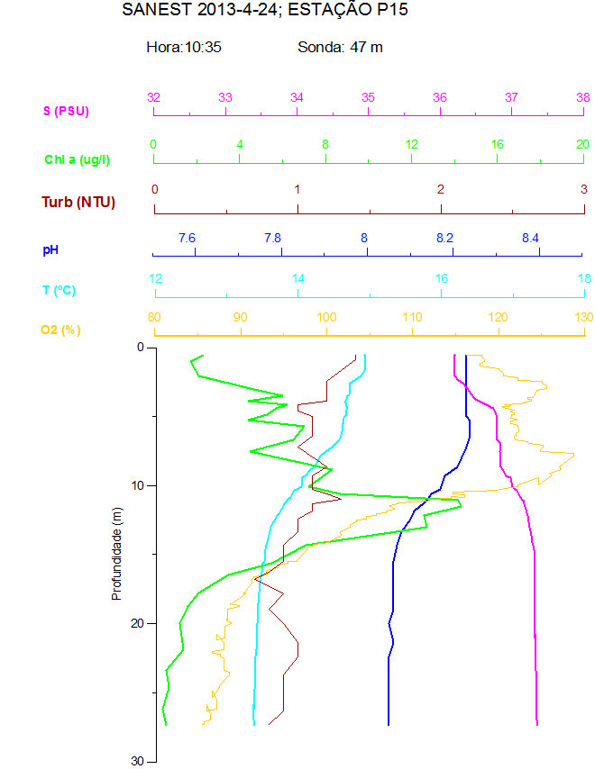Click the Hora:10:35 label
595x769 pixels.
point(184,47)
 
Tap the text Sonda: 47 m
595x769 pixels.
point(340,47)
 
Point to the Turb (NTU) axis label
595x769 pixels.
point(78,202)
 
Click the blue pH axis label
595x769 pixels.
point(50,249)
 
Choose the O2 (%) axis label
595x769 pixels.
point(60,330)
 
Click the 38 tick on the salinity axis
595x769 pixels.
point(583,97)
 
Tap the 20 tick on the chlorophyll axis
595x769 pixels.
point(582,144)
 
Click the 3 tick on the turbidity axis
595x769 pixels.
point(583,189)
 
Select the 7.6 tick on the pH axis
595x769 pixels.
point(187,238)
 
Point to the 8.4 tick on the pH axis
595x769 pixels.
point(530,238)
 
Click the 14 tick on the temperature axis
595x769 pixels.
point(298,278)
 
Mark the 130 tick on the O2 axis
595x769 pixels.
point(583,317)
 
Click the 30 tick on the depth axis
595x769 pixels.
point(138,761)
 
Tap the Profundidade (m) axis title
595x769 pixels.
point(116,554)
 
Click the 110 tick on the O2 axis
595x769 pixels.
point(412,317)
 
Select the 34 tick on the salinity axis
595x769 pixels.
point(297,97)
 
